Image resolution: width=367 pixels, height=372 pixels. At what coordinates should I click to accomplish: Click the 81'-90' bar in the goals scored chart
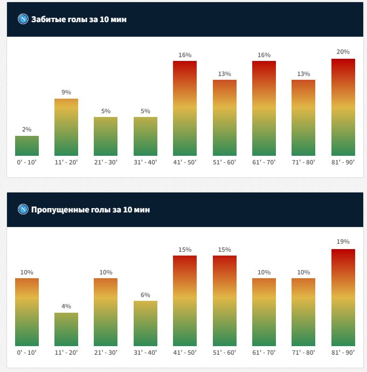pos(343,107)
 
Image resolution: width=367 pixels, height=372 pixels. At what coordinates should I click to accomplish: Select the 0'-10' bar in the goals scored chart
pos(27,146)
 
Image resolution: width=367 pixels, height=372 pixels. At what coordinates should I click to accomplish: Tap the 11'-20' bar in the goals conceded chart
pos(66,329)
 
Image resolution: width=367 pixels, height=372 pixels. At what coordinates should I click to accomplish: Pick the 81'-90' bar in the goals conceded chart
pos(343,298)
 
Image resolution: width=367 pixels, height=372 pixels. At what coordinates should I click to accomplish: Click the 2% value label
pos(27,129)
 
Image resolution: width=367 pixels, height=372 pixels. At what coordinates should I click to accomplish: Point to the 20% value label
pos(343,52)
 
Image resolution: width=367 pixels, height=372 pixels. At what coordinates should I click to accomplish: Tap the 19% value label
pos(343,242)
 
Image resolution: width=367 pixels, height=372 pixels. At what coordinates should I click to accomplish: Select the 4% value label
pos(66,306)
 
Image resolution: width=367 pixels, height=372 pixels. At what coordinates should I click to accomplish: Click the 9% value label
pos(66,92)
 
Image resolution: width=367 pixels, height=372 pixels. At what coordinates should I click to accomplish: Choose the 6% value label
pos(146,294)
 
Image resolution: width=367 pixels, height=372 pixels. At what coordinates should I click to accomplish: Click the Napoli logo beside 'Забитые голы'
pos(23,19)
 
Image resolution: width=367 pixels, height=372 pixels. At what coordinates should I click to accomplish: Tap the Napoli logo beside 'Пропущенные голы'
pos(23,209)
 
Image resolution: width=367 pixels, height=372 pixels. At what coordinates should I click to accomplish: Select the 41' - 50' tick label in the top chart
pos(185,161)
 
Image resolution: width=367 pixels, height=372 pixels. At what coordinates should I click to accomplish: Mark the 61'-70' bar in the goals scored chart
pos(264,108)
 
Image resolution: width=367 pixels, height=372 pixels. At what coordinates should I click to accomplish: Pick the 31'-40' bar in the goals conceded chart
pos(146,323)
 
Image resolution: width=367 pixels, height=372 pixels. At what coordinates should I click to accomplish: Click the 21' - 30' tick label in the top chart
pos(106,161)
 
